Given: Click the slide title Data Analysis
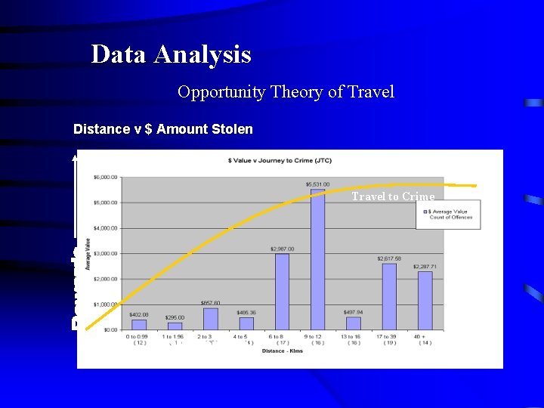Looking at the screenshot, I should tap(171, 54).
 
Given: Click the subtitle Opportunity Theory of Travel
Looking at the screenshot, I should tap(286, 92).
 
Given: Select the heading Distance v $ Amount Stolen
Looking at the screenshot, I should tap(162, 129).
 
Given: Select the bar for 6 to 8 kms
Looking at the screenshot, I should tap(282, 292).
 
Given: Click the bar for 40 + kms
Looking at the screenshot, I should tap(425, 300).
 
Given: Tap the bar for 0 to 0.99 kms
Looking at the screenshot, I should tap(139, 324).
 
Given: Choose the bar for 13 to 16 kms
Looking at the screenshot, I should tap(353, 323).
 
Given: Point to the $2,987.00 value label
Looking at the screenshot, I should tap(282, 249).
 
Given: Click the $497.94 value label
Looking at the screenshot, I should tap(353, 311).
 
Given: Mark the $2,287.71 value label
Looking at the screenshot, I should tap(425, 267).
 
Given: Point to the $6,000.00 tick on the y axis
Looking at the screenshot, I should tap(105, 178).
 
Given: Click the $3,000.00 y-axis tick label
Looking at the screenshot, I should tap(105, 254).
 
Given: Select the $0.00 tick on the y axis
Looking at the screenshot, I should tap(110, 330).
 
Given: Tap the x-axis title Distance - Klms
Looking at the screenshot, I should tap(282, 351).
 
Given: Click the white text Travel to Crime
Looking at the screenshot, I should tap(393, 197).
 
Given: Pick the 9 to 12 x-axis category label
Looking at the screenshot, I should tap(317, 337).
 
